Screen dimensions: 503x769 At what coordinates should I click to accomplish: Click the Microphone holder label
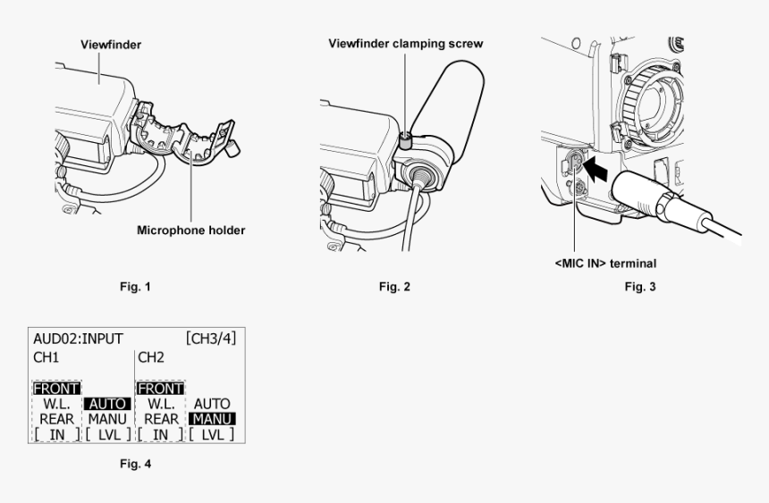tap(190, 230)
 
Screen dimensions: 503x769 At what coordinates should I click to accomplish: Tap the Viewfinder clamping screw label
tap(406, 44)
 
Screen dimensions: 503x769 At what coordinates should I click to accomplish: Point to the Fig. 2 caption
tap(393, 287)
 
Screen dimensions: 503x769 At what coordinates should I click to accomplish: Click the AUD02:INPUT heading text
tap(78, 340)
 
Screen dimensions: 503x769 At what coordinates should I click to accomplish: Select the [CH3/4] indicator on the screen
tap(211, 340)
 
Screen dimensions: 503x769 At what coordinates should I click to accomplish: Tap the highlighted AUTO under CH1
tap(106, 404)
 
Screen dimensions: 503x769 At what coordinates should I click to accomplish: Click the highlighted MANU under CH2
tap(212, 418)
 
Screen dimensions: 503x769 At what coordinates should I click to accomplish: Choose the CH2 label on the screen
tap(150, 357)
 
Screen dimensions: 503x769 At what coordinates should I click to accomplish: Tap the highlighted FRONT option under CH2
tap(161, 389)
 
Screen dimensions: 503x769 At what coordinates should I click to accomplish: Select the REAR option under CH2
tap(161, 418)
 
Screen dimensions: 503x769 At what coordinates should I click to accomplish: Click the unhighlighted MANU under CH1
tap(106, 418)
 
